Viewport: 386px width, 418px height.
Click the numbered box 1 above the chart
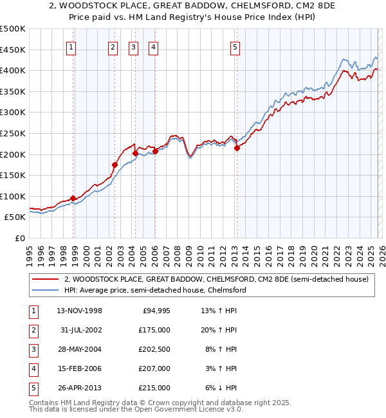coord(71,46)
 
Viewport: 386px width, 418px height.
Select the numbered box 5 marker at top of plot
coord(235,46)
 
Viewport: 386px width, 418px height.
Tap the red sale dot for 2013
coord(237,148)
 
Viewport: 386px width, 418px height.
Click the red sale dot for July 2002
coord(115,165)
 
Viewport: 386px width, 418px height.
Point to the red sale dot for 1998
coord(73,198)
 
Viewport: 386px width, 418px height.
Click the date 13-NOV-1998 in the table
coord(79,311)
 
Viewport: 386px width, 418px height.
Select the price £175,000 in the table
coord(155,330)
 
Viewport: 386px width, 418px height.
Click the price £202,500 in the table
coord(155,349)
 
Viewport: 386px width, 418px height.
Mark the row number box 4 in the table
coord(32,368)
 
